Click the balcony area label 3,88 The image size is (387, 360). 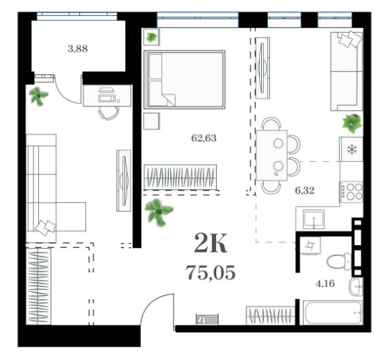[78, 49]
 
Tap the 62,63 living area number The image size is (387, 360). [204, 138]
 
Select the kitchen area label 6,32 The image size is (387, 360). [305, 191]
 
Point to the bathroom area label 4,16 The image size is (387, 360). [325, 283]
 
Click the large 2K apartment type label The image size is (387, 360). [211, 243]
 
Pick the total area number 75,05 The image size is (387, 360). [211, 273]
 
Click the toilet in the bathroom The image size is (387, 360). [339, 262]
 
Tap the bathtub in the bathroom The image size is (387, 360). [333, 312]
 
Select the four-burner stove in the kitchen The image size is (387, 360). [352, 192]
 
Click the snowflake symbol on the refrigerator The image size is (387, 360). [352, 150]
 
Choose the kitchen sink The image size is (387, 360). [313, 219]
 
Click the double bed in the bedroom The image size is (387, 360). [185, 79]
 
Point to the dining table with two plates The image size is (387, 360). [271, 155]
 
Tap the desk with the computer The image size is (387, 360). [107, 96]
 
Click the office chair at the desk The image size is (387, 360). [109, 113]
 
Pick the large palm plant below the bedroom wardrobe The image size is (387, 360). [159, 212]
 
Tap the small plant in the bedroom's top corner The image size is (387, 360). [151, 38]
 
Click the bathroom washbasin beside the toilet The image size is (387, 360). [356, 286]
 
